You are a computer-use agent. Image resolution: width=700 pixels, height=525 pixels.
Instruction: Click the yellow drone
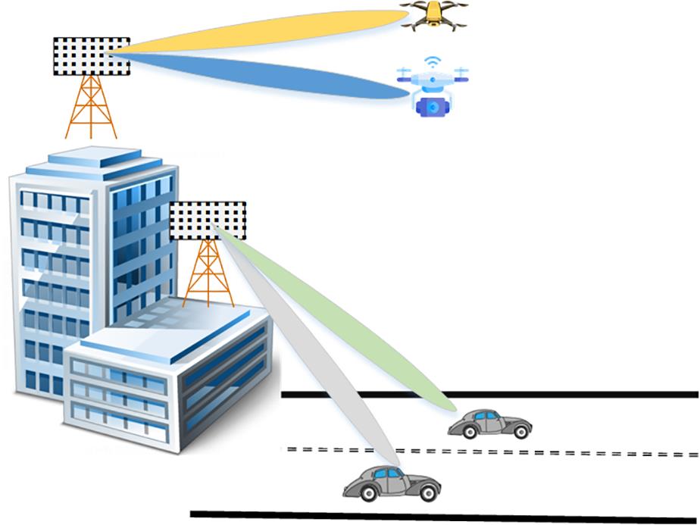(x=433, y=15)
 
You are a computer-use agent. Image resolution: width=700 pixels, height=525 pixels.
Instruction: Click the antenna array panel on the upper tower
(x=91, y=56)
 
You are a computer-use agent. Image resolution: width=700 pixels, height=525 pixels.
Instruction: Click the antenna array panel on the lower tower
(x=208, y=220)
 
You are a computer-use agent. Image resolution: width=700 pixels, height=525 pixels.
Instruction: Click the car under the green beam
(x=489, y=424)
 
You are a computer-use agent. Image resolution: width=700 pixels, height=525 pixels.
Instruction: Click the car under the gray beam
(x=386, y=482)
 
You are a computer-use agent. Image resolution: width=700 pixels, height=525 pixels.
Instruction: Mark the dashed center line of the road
(x=492, y=452)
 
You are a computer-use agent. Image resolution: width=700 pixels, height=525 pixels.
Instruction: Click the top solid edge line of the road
(x=492, y=394)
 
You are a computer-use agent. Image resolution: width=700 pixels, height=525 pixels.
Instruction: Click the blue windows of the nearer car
(x=387, y=473)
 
